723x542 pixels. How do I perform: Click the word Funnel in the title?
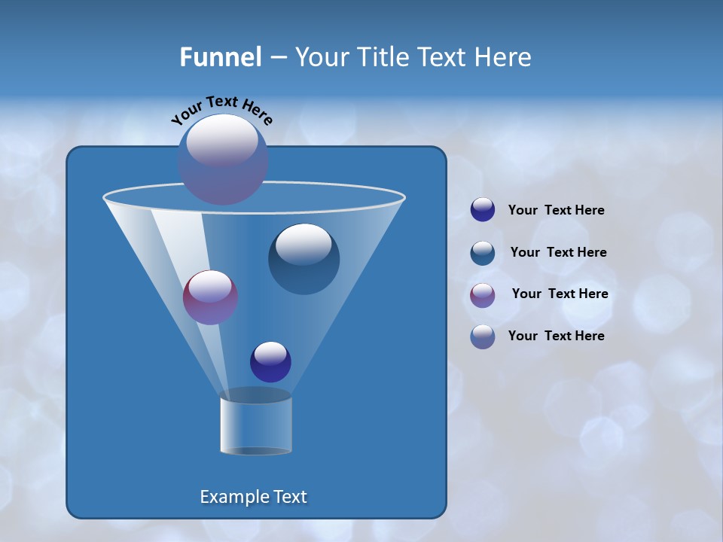(220, 57)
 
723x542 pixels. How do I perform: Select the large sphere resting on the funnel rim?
(223, 159)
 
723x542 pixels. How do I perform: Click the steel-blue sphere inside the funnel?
(304, 258)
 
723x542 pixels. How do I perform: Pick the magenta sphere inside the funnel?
(210, 297)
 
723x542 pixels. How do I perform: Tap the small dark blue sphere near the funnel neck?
(270, 361)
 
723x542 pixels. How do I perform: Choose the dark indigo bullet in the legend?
(483, 210)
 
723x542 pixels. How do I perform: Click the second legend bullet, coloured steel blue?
(483, 253)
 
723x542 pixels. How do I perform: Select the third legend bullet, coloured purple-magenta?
(483, 295)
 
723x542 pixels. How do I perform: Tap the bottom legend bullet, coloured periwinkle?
(483, 336)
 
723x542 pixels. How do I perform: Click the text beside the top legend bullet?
(556, 211)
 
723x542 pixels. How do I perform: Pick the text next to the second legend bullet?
(558, 253)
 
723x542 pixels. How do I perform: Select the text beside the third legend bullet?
(560, 294)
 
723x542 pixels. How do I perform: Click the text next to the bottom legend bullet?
(556, 336)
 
